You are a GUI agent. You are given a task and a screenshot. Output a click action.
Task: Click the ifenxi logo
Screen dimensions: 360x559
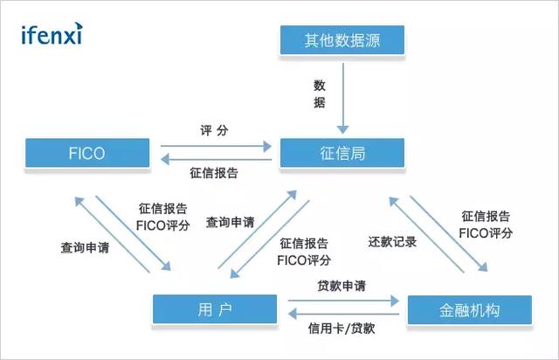(52, 35)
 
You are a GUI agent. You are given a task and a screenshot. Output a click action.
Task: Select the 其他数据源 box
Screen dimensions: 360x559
(342, 39)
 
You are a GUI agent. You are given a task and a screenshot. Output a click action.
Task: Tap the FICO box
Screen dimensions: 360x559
(86, 153)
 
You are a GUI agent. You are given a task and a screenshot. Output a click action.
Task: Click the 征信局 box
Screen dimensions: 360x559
(342, 153)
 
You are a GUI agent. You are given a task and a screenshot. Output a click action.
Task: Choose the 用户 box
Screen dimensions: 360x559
(215, 308)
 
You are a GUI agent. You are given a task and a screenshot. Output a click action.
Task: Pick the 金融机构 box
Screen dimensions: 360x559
(468, 308)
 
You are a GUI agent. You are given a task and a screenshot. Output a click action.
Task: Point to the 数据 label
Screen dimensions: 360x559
(320, 93)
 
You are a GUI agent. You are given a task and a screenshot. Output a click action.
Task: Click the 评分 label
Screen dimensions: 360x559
(214, 128)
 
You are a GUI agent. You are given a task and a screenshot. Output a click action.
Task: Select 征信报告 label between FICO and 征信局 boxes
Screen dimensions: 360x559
(214, 173)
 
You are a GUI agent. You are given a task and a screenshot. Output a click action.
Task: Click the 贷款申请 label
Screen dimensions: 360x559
(342, 286)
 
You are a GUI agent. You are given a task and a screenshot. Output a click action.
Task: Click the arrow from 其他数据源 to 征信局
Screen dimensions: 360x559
(342, 95)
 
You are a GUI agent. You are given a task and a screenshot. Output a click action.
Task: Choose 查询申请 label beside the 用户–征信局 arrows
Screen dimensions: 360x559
(231, 223)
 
